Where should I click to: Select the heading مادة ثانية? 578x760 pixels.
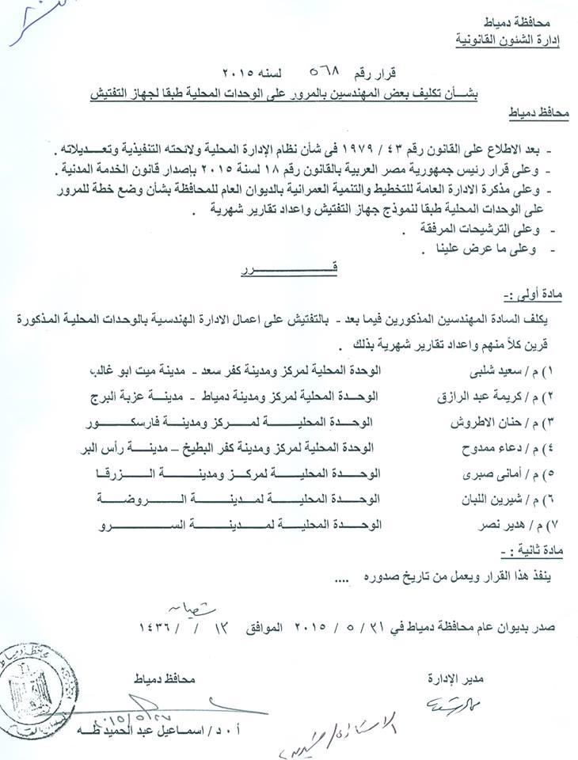(x=529, y=547)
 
